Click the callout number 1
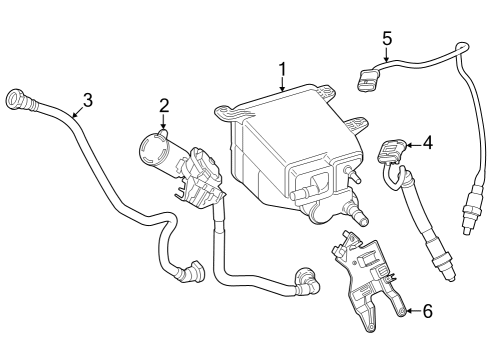[283, 69]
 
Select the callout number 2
[164, 103]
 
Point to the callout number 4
[427, 143]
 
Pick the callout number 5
[387, 39]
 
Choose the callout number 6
[427, 311]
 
